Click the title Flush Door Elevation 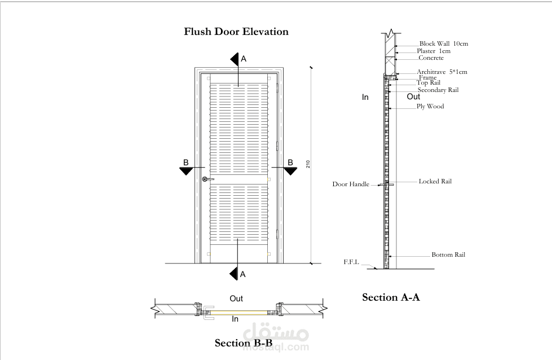pos(236,32)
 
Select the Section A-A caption pos(391,297)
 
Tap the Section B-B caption pos(244,343)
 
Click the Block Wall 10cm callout pos(444,43)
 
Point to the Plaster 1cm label pos(434,51)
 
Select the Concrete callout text pos(431,58)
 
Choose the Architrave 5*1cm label pos(442,72)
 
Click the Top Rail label pos(429,83)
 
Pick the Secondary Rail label pos(438,90)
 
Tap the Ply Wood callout pos(430,106)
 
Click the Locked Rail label pos(435,182)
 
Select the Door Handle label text pos(351,184)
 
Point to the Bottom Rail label pos(448,255)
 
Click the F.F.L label pos(351,262)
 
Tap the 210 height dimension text pos(308,164)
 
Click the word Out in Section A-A pos(413,96)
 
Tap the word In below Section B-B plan pos(236,319)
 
